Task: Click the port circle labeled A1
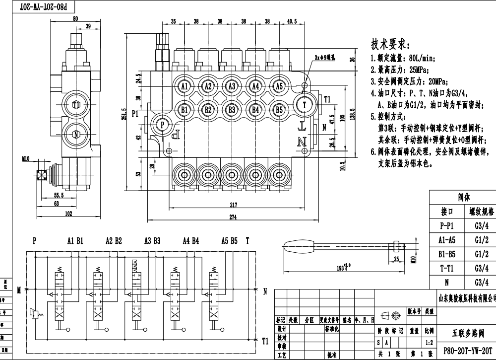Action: [x=184, y=86]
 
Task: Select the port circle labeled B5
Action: [x=279, y=110]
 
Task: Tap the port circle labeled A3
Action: [x=232, y=86]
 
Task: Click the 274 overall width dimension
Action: [x=233, y=217]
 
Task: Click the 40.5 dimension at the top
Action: [x=292, y=22]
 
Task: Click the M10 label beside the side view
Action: [x=26, y=159]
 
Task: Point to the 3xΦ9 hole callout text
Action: [x=325, y=58]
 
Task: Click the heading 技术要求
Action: [x=389, y=43]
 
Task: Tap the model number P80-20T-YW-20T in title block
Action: [x=466, y=350]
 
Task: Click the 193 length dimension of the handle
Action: [x=341, y=267]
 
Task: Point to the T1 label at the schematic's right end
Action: [x=265, y=341]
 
